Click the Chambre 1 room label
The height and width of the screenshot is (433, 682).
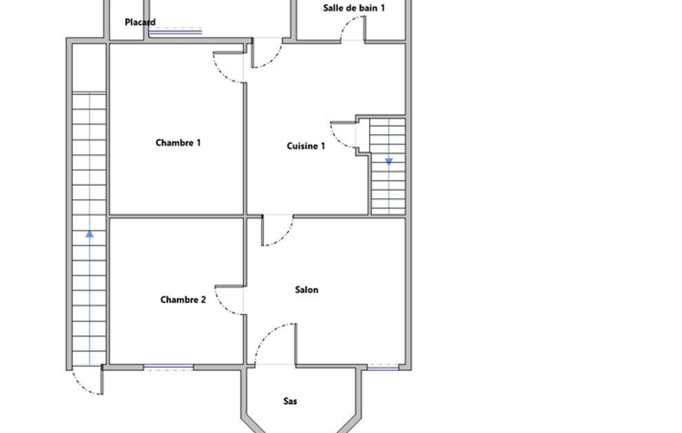click(x=178, y=143)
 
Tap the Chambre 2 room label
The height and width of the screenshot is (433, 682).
click(x=183, y=300)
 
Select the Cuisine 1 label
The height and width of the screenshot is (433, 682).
click(x=306, y=146)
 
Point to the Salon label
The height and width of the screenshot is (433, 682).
click(x=307, y=290)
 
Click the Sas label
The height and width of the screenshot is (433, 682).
click(x=290, y=401)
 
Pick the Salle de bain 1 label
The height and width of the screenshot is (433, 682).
click(x=354, y=8)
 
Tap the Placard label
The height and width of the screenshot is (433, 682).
click(x=140, y=22)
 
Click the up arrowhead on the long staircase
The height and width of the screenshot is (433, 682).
click(x=90, y=234)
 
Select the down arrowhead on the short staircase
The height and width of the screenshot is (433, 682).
click(x=389, y=162)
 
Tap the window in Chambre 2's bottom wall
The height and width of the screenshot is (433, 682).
click(x=169, y=367)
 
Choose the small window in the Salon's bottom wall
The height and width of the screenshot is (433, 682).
click(x=383, y=368)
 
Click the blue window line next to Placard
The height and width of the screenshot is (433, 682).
click(x=175, y=31)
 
